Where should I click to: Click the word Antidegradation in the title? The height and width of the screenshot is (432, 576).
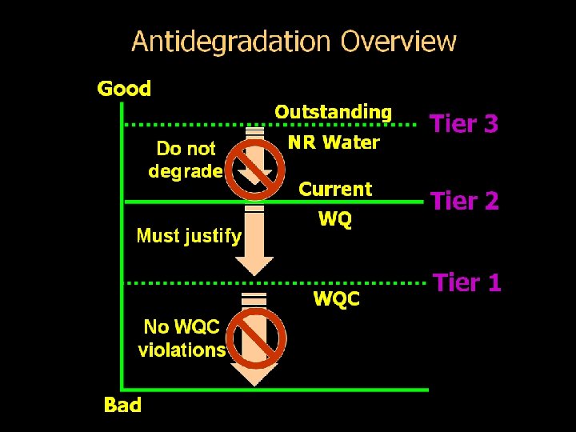coord(231,42)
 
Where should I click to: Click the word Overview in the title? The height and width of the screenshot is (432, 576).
coord(398,42)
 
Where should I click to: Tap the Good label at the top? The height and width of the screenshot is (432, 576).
coord(124,89)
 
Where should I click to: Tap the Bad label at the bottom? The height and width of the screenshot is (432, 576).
coord(122,406)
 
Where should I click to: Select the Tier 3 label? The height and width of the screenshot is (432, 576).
coord(464,124)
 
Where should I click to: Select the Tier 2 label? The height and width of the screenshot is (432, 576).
coord(464,202)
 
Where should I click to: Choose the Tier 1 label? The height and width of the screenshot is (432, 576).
coord(466,282)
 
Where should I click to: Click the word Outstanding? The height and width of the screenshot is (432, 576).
coord(334,112)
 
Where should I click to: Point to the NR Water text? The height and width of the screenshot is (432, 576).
coord(334,143)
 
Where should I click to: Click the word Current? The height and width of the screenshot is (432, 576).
coord(335,190)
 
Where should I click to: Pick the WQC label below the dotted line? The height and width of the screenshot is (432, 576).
coord(336,299)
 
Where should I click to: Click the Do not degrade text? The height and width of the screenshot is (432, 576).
coord(186,159)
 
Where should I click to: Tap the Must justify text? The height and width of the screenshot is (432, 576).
coord(189,236)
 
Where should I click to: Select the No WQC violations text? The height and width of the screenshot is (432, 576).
coord(182,338)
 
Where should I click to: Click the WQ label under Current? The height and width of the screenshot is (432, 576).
coord(334,218)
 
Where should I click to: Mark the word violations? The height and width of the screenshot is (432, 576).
coord(182,350)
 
